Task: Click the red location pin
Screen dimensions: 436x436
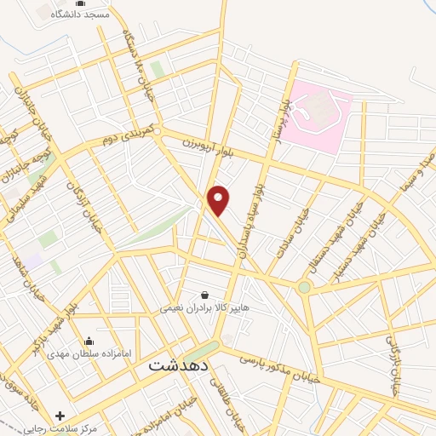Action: [219, 200]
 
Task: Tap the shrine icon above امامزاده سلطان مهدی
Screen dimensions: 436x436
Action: [89, 340]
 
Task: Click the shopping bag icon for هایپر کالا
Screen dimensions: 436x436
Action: [204, 295]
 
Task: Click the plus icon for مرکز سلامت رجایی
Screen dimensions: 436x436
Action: [60, 416]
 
